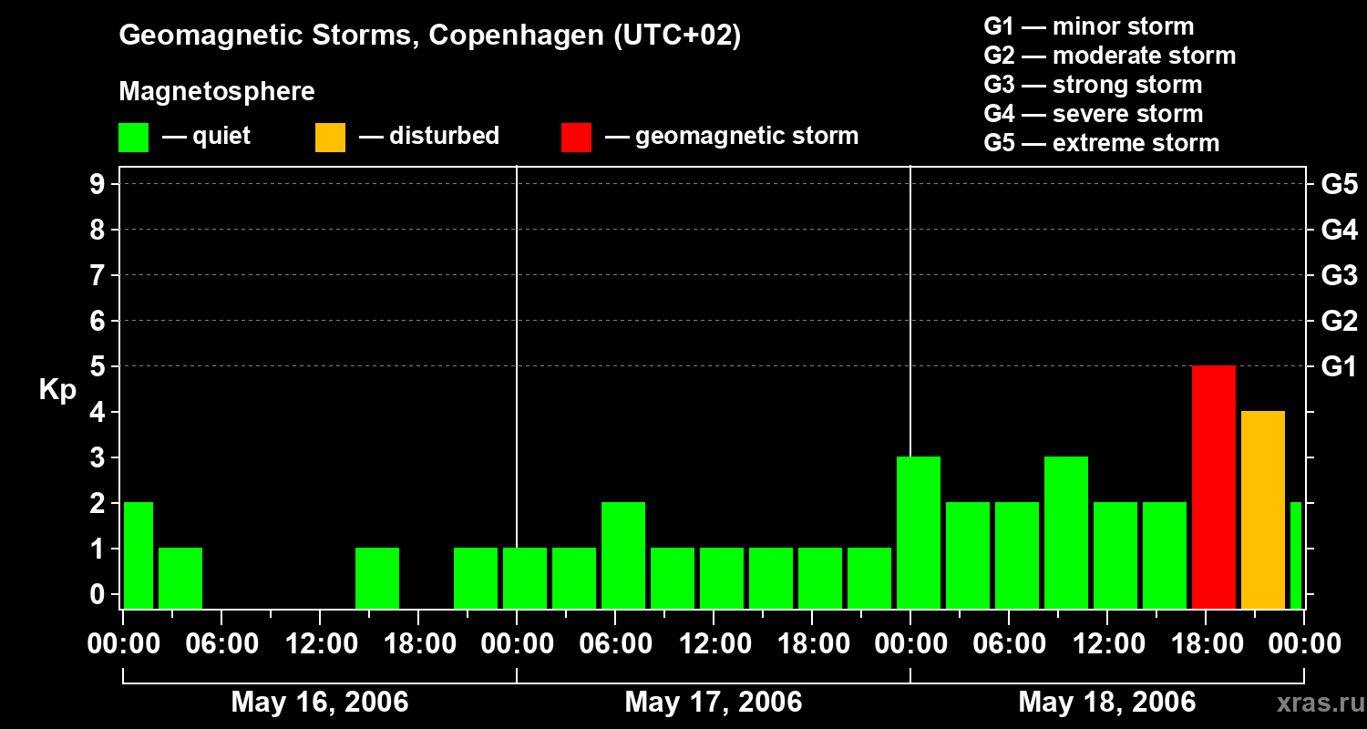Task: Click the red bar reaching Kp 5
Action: pos(1213,487)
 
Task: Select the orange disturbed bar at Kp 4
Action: pos(1262,509)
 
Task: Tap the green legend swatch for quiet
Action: pos(133,137)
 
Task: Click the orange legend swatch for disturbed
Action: pos(330,137)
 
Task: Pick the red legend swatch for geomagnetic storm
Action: pos(576,137)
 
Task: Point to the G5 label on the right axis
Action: pos(1339,185)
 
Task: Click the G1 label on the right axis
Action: pos(1339,367)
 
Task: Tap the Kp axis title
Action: pos(58,390)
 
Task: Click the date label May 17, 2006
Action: pos(713,702)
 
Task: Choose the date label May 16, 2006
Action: pos(319,702)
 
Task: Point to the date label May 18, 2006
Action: pos(1106,702)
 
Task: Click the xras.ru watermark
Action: pos(1314,703)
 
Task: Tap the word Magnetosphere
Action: pos(217,92)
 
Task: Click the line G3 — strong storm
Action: pos(1093,85)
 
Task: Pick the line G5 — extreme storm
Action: pos(1101,143)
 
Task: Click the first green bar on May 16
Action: pos(138,555)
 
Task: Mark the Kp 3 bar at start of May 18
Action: pos(918,532)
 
